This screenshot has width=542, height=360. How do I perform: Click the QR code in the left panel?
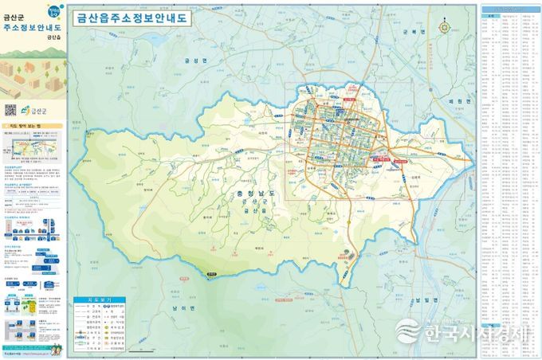[x=10, y=109]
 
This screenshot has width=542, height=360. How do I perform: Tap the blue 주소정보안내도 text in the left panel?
[x=31, y=26]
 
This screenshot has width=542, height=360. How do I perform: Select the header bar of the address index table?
[x=509, y=10]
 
